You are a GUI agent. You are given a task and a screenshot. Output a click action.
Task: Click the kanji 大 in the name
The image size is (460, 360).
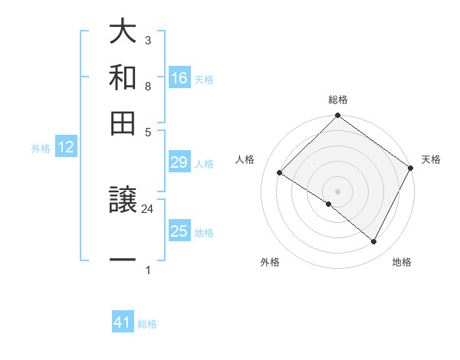pyautogui.click(x=123, y=33)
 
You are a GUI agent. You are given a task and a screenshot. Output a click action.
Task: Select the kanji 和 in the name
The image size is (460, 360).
pyautogui.click(x=123, y=77)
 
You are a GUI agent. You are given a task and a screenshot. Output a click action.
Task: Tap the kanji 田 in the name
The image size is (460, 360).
pyautogui.click(x=123, y=122)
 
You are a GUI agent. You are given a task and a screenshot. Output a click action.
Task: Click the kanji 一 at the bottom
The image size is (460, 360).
pyautogui.click(x=123, y=261)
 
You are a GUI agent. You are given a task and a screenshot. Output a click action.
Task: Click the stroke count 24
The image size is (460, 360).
pyautogui.click(x=148, y=208)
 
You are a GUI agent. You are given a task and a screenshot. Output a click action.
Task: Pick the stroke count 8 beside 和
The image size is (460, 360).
pyautogui.click(x=147, y=87)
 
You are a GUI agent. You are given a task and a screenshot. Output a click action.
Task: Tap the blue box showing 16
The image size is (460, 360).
pyautogui.click(x=179, y=77)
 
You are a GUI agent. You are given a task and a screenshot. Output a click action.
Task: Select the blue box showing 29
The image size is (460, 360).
pyautogui.click(x=179, y=162)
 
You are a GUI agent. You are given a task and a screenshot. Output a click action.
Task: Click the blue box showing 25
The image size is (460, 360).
pyautogui.click(x=179, y=231)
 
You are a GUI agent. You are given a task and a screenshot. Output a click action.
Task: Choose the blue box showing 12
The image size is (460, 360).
pyautogui.click(x=66, y=148)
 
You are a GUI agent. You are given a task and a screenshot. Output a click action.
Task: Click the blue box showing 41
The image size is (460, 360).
pyautogui.click(x=123, y=322)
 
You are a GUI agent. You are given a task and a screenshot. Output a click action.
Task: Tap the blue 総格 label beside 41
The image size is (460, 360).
pyautogui.click(x=147, y=324)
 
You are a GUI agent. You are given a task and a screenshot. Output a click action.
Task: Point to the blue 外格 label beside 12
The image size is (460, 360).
pyautogui.click(x=41, y=149)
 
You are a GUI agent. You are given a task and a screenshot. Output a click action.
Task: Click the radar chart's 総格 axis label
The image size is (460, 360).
pyautogui.click(x=338, y=100)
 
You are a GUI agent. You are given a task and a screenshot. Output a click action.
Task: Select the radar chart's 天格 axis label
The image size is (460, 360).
pyautogui.click(x=431, y=159)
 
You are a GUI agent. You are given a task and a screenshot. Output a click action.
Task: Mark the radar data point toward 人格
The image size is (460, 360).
pyautogui.click(x=280, y=172)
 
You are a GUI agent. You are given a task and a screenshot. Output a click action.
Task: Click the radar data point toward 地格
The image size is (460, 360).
pyautogui.click(x=374, y=242)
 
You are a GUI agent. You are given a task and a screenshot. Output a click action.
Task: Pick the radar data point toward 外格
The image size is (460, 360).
pyautogui.click(x=329, y=204)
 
